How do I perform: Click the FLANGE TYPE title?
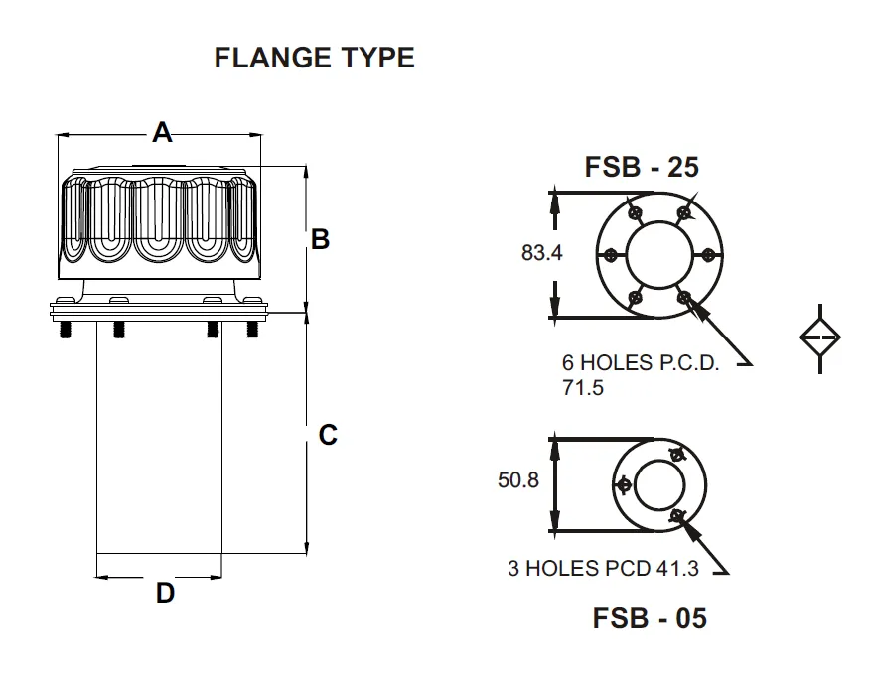coord(314,58)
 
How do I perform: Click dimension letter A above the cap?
coord(162,131)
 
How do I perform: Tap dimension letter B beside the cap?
coord(320,239)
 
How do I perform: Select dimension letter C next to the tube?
coord(328,435)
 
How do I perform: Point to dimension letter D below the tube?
coord(165,594)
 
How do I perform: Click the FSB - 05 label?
coord(650,618)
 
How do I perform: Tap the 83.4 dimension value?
coord(542,253)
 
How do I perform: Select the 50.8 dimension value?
coord(517,480)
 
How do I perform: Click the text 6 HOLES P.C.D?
coord(640,363)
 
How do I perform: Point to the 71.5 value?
coord(583,388)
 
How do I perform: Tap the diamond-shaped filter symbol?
coord(820,338)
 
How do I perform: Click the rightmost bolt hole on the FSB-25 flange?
coord(708,254)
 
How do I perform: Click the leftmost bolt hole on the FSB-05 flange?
coord(624,484)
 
